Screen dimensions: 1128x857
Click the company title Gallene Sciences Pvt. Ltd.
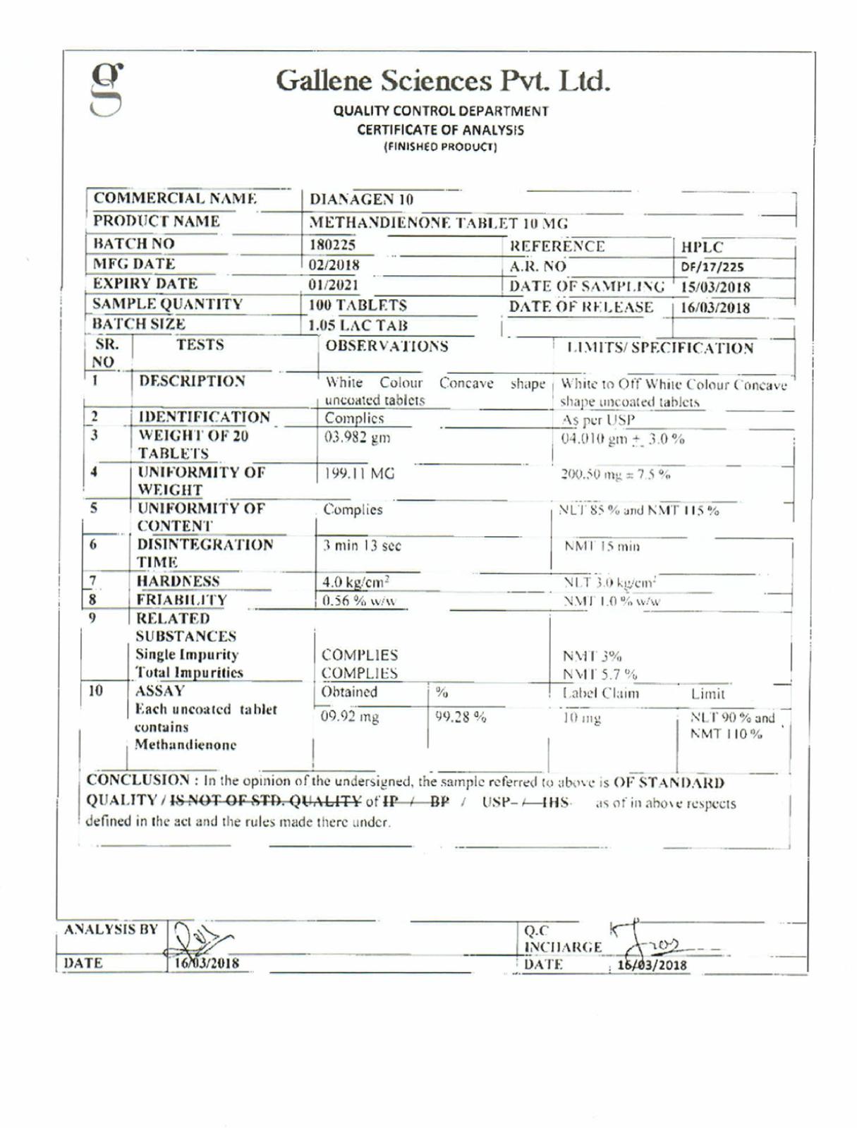click(442, 80)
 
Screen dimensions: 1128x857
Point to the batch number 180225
click(332, 245)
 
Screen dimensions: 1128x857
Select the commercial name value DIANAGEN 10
click(361, 200)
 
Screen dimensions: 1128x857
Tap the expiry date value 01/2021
click(333, 285)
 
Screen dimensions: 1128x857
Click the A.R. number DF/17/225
click(712, 267)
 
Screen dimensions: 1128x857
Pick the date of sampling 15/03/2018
click(715, 287)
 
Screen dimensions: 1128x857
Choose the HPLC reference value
click(702, 247)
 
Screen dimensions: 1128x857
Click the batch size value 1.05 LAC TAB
click(358, 325)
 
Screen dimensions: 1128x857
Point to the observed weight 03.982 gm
click(357, 437)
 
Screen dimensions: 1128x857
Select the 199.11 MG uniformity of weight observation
click(359, 473)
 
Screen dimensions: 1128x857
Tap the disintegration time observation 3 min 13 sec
click(362, 545)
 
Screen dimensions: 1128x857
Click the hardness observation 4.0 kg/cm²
click(355, 582)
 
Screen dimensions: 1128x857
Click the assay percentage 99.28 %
click(461, 717)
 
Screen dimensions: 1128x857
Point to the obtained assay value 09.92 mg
click(350, 717)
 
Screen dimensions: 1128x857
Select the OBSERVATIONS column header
click(387, 346)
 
